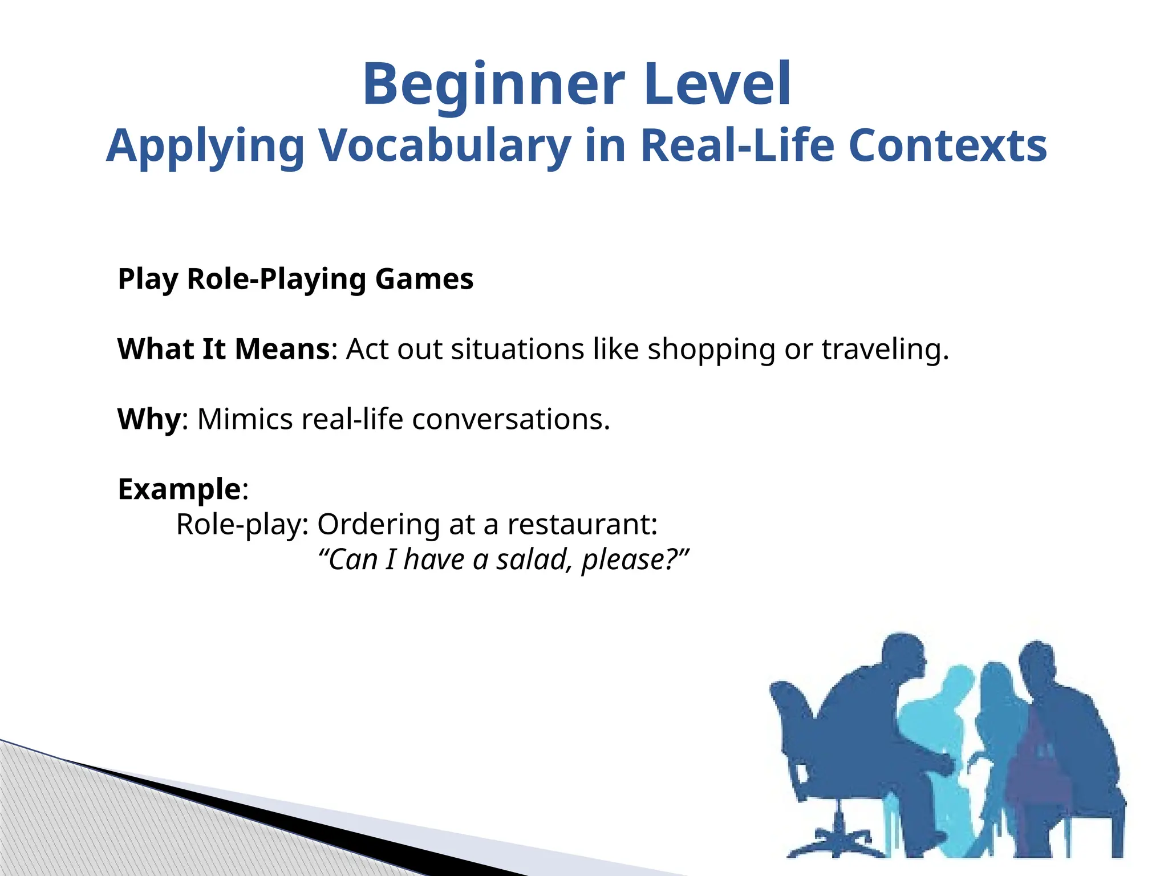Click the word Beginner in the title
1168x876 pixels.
point(494,86)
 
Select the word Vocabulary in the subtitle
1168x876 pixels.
point(444,146)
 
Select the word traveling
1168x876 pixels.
point(884,350)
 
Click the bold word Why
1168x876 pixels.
point(149,419)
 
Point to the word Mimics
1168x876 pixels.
point(245,419)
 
